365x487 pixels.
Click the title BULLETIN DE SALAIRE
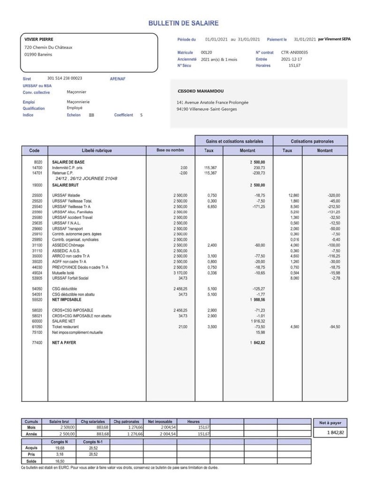click(183, 23)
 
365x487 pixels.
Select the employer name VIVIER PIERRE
click(39, 39)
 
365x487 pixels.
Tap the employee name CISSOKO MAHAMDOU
click(200, 91)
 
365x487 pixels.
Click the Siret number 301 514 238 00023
click(65, 78)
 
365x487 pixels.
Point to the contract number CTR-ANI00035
click(294, 52)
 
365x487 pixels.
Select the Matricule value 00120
click(206, 52)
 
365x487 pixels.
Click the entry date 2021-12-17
click(291, 59)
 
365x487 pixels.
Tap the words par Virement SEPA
click(334, 39)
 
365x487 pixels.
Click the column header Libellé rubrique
click(97, 150)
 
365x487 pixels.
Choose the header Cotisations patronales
click(312, 141)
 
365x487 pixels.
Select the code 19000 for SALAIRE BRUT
click(37, 185)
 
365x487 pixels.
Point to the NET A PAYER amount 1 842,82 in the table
click(257, 342)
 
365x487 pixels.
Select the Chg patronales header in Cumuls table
click(126, 421)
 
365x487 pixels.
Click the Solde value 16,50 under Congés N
click(60, 461)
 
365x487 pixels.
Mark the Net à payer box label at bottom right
click(330, 423)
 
